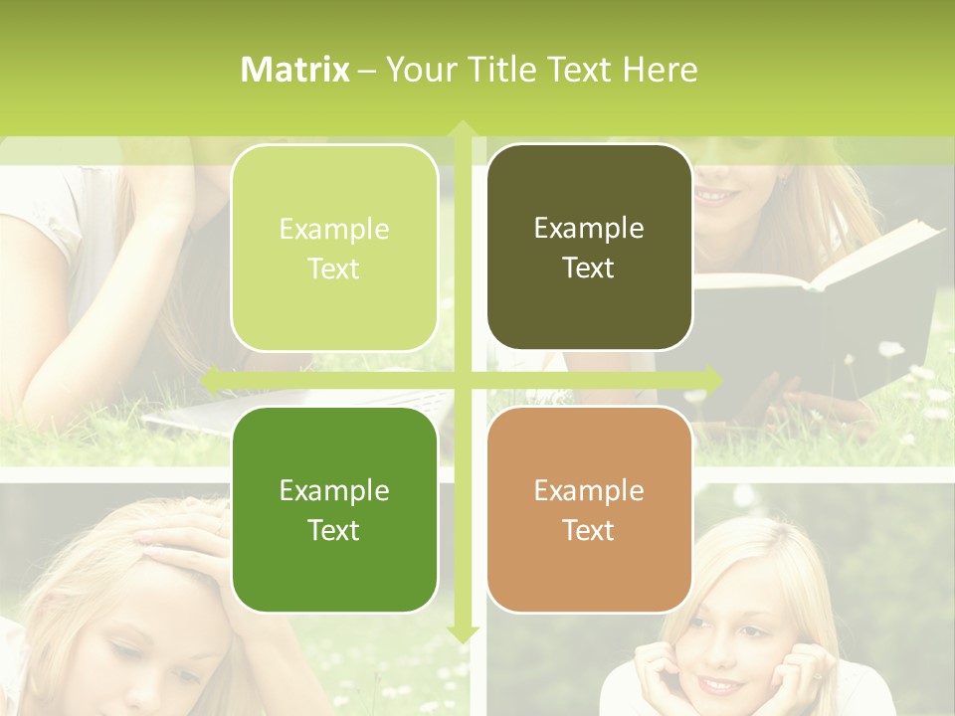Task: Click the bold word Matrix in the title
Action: pos(295,70)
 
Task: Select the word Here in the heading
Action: pos(660,70)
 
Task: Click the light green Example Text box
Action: pos(334,248)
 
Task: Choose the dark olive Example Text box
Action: pos(589,248)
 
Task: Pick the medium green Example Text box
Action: pos(334,509)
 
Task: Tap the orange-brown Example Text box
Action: pos(589,509)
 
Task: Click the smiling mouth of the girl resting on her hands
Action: pos(718,684)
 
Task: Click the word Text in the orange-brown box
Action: pos(589,530)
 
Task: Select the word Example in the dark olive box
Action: pos(589,228)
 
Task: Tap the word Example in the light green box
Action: pos(334,229)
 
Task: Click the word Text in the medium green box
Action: pos(334,530)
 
